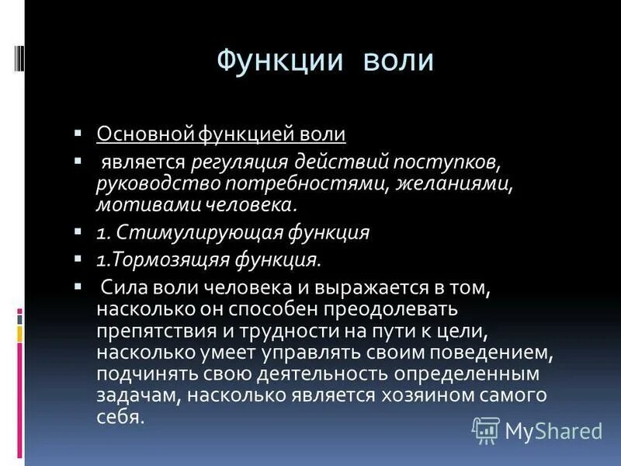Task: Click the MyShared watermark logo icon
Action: [486, 429]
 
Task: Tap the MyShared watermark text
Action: [553, 430]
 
